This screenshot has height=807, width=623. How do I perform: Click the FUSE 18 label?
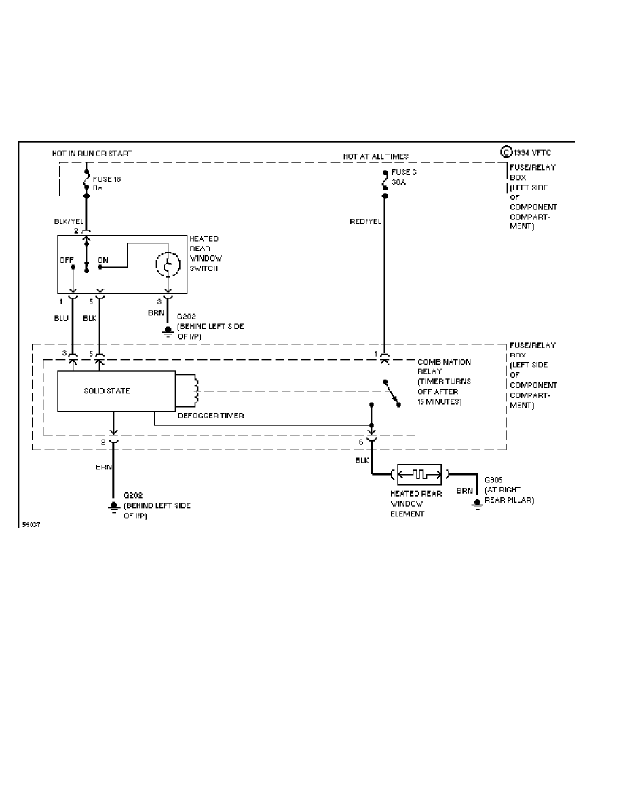coord(106,179)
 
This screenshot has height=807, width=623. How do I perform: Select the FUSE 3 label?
coord(404,172)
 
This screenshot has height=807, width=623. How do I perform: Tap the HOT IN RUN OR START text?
coord(92,154)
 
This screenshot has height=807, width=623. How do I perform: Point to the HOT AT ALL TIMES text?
coord(376,156)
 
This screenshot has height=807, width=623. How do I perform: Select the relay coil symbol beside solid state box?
coord(195,390)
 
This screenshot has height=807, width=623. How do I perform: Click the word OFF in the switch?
coord(67,260)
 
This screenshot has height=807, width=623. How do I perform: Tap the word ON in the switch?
coord(103,260)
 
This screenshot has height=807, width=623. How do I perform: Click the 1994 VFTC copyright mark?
coord(527,152)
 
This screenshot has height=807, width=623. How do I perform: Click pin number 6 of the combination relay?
coord(360,442)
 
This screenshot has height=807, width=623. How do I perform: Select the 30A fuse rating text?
coord(398,182)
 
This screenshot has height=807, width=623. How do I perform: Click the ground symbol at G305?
coord(478,502)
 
